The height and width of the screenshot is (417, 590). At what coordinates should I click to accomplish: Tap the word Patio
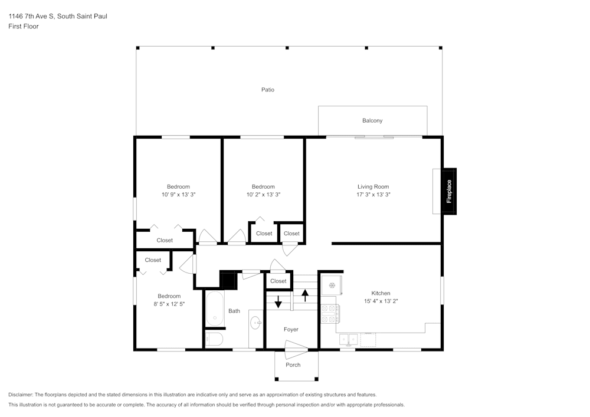[268, 90]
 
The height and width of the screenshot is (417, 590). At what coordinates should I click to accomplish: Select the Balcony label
[372, 120]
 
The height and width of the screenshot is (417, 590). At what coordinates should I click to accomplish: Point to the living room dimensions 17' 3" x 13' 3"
[373, 194]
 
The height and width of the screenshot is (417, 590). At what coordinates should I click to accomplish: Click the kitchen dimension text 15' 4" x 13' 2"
[381, 301]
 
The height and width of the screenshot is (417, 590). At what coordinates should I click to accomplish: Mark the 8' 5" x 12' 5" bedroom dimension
[169, 304]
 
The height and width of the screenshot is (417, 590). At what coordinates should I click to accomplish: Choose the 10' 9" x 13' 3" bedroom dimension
[178, 194]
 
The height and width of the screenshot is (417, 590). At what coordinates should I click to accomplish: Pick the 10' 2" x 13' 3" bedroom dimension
[263, 194]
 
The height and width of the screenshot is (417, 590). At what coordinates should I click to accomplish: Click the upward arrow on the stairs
[305, 294]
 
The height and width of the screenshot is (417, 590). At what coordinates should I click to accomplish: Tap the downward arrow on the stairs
[278, 303]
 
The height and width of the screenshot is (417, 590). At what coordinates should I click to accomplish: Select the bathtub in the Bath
[215, 308]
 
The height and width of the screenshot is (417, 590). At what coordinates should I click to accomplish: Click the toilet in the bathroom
[214, 339]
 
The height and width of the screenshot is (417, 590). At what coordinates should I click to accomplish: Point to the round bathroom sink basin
[256, 323]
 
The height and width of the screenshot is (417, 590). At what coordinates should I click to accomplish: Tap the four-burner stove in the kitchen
[329, 314]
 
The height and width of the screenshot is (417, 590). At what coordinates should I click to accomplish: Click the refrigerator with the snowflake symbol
[332, 285]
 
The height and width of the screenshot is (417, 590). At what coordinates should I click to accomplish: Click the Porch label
[293, 365]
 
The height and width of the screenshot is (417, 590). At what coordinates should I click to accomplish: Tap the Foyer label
[291, 330]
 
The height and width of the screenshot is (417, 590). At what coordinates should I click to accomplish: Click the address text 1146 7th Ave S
[32, 17]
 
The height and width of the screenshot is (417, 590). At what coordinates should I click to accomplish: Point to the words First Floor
[24, 27]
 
